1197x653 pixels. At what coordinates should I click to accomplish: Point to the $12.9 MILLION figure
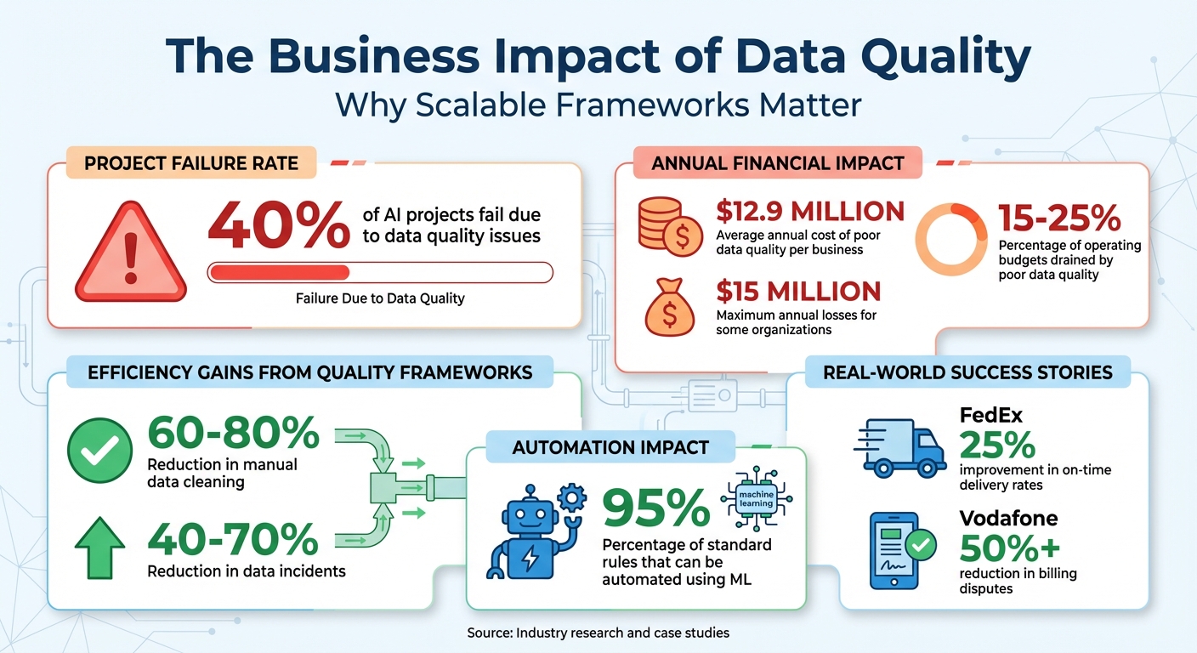(809, 212)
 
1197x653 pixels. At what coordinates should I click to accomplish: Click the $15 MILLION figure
(797, 292)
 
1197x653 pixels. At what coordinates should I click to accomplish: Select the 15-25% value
(1059, 219)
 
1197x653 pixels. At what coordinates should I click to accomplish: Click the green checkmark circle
(99, 451)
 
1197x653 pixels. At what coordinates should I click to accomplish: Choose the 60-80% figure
(233, 435)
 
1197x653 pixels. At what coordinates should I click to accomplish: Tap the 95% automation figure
(655, 508)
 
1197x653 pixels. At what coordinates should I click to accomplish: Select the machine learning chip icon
(756, 499)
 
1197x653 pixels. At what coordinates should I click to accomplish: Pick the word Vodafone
(1008, 519)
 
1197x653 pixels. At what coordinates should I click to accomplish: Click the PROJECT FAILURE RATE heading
(191, 162)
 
